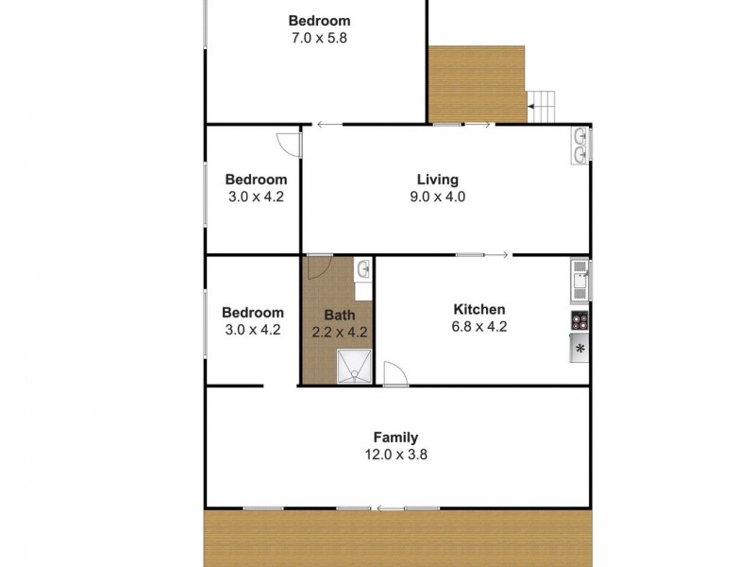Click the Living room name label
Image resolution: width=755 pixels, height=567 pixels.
point(437,180)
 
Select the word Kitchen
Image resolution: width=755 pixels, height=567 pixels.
point(479,309)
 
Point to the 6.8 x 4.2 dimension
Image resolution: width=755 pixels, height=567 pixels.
point(479,327)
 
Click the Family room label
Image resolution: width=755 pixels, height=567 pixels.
point(395,438)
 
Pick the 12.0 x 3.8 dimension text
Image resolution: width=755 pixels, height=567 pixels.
point(396,455)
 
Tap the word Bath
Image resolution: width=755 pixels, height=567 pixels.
point(339,315)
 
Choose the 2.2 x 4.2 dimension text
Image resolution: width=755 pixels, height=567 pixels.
point(339,332)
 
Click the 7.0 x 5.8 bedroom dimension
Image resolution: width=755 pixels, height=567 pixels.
point(319,38)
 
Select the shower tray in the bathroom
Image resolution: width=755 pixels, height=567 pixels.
point(356,368)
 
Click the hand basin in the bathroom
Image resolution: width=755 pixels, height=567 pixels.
point(363,271)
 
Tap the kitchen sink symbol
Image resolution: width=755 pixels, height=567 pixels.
point(579,280)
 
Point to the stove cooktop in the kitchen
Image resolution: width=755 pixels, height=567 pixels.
point(579,320)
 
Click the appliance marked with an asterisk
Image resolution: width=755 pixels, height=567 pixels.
point(580,349)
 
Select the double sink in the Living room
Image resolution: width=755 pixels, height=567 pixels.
point(580,146)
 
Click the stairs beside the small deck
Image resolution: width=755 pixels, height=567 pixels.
point(543,103)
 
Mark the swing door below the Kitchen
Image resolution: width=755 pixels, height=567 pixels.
point(394,374)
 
